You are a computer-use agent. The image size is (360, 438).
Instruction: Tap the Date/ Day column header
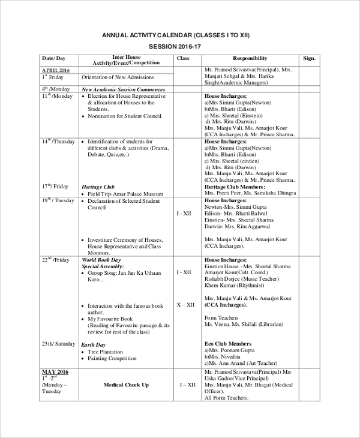pos(53,58)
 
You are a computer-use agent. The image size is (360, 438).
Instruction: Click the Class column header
pos(184,58)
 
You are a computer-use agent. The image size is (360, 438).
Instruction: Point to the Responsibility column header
pos(250,58)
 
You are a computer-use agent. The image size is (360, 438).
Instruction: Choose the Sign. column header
pos(309,58)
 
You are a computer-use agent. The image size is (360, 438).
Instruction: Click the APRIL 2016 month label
pos(56,70)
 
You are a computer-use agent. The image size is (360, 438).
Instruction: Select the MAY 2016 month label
pos(56,372)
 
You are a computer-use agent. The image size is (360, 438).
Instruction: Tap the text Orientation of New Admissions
pos(118,77)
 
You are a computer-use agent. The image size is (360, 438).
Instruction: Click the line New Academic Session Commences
pos(123,89)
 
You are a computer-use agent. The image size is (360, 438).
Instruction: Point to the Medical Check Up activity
pos(126,385)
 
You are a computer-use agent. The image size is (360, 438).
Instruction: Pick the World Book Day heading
pos(101,259)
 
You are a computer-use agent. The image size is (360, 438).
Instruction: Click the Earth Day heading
pos(94,345)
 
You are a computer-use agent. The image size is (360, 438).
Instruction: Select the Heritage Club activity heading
pos(98,187)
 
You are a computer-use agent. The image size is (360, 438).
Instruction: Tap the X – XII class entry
pos(185,305)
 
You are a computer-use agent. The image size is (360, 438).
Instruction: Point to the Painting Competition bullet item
pos(112,359)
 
